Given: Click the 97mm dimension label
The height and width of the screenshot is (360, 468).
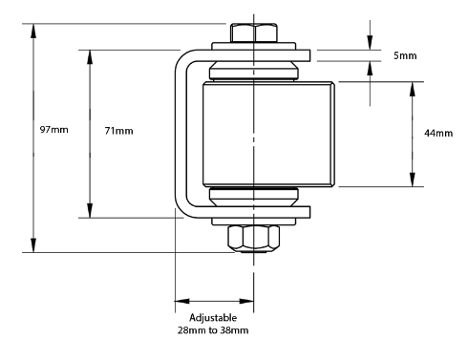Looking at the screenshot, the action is [x=53, y=130].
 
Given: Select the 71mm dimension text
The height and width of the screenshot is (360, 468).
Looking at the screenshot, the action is [x=118, y=131].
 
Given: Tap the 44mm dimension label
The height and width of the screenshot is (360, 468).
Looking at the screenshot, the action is [x=438, y=133].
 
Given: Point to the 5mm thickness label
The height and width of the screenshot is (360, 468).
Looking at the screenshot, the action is [x=405, y=55].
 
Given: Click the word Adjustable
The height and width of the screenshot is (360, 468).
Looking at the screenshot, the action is [x=213, y=318].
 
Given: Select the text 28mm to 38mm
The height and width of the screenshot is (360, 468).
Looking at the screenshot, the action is [x=213, y=330].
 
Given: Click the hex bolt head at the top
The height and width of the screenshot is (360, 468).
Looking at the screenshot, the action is [x=254, y=32].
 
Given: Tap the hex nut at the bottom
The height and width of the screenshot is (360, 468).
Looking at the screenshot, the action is [x=254, y=239].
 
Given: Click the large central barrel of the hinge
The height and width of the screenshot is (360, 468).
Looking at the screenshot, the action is [x=268, y=134].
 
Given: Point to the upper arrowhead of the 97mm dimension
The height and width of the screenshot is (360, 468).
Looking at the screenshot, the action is [x=33, y=31].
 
